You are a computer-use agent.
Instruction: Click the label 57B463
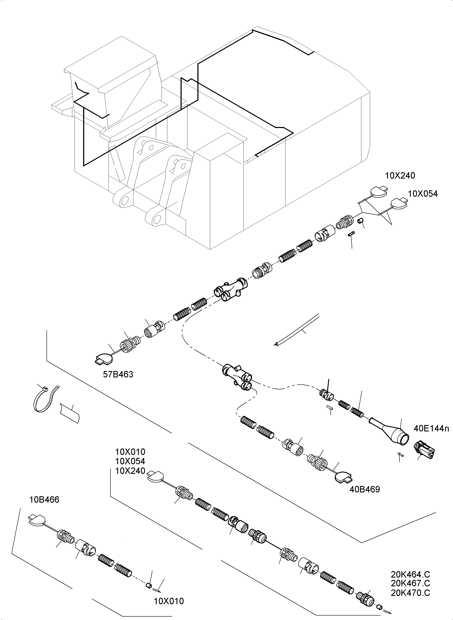[118, 374]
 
